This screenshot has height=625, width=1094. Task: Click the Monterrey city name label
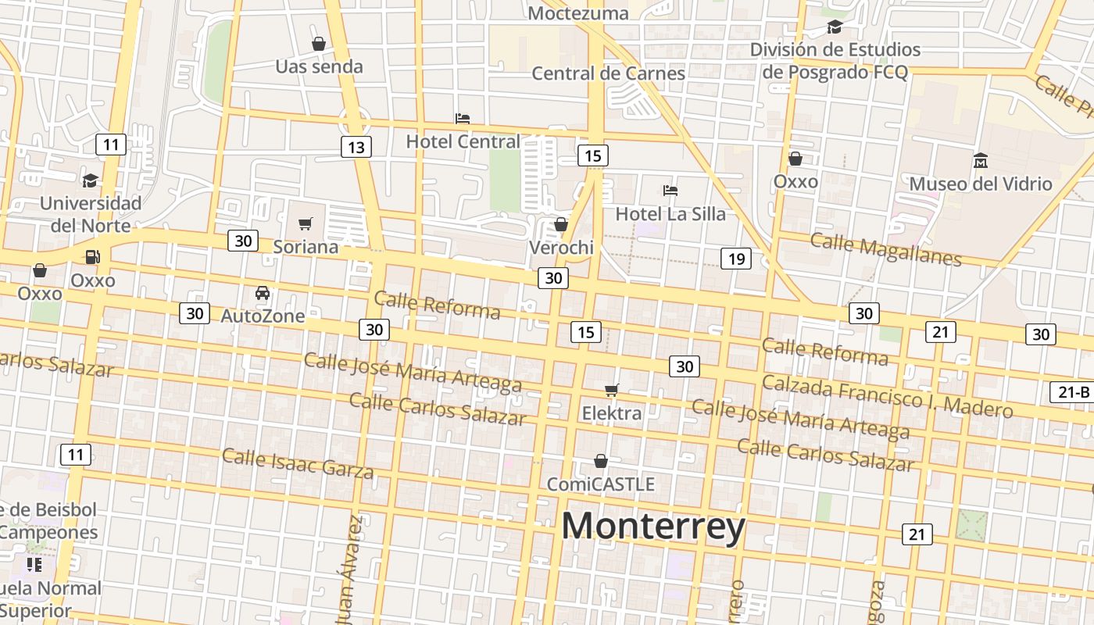[653, 527]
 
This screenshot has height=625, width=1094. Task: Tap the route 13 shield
[356, 147]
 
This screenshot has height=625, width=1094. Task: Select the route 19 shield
[735, 259]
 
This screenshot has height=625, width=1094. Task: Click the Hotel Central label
[463, 141]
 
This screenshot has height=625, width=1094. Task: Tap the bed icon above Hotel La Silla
[670, 190]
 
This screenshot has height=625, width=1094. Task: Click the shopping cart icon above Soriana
[306, 224]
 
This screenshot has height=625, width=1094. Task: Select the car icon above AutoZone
[263, 293]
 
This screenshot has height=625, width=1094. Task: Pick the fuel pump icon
[92, 257]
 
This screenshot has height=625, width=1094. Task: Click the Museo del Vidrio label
[980, 184]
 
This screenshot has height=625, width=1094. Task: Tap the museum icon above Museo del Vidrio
[980, 161]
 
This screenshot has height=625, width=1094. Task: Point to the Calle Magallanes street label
[885, 249]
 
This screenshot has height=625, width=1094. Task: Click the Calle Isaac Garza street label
[298, 462]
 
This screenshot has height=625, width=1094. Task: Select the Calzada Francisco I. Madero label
[887, 396]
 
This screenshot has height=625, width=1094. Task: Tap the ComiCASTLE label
[600, 484]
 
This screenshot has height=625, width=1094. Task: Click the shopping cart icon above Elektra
[612, 390]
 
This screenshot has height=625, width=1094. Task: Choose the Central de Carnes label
[608, 73]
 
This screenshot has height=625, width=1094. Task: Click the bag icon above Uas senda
[318, 44]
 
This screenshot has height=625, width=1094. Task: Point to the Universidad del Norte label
[91, 214]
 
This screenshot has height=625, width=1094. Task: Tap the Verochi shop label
[561, 248]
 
